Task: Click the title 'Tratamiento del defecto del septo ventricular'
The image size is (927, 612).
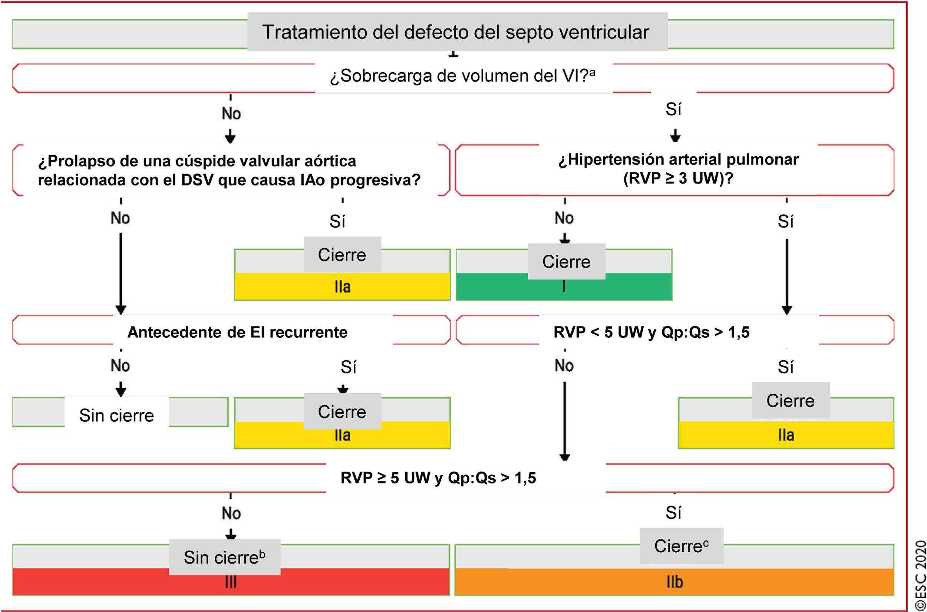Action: pyautogui.click(x=455, y=32)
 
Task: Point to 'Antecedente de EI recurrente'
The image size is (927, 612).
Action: pyautogui.click(x=237, y=332)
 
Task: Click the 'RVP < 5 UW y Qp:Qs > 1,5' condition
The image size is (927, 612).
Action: pyautogui.click(x=651, y=332)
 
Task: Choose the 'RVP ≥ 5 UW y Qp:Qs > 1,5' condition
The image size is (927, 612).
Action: pyautogui.click(x=438, y=478)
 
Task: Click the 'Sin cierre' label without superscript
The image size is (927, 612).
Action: pyautogui.click(x=116, y=415)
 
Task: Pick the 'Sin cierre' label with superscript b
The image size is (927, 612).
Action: pyautogui.click(x=224, y=558)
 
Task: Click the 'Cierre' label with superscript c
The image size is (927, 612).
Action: pyautogui.click(x=681, y=546)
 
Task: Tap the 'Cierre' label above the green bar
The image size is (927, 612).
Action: pyautogui.click(x=566, y=261)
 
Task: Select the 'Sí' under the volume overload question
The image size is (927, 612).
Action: pyautogui.click(x=673, y=110)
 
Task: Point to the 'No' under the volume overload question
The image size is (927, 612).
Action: pyautogui.click(x=231, y=113)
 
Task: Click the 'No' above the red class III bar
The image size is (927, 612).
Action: pyautogui.click(x=231, y=513)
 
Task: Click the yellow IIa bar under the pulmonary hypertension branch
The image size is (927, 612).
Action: pyautogui.click(x=786, y=435)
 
